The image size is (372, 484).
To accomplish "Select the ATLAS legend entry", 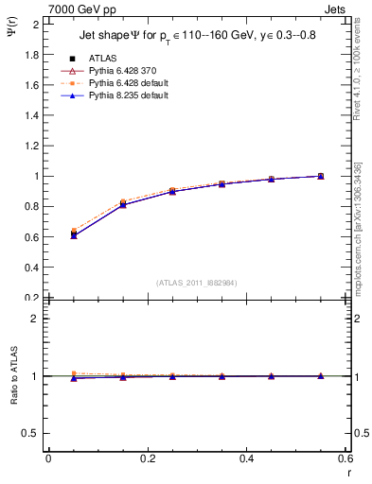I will tap(103, 58).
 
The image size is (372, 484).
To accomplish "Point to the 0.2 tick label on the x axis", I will tap(147, 458).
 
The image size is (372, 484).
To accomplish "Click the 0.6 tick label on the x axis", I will tap(345, 458).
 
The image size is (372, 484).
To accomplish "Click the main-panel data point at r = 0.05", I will tap(74, 233).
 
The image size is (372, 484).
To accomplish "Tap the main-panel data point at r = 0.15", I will tap(123, 203).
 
